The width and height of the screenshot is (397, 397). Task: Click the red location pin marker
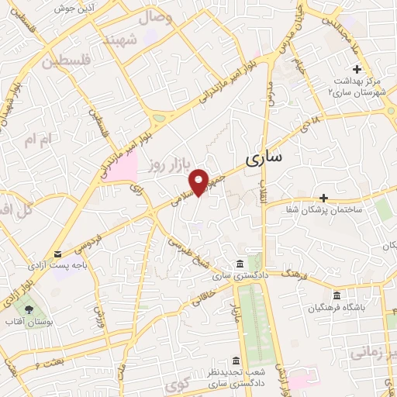pyautogui.click(x=199, y=181)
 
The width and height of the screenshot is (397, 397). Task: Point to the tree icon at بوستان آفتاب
pyautogui.click(x=29, y=308)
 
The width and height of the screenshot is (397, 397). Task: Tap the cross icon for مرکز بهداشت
pyautogui.click(x=357, y=70)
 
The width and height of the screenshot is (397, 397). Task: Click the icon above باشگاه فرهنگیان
pyautogui.click(x=336, y=295)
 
